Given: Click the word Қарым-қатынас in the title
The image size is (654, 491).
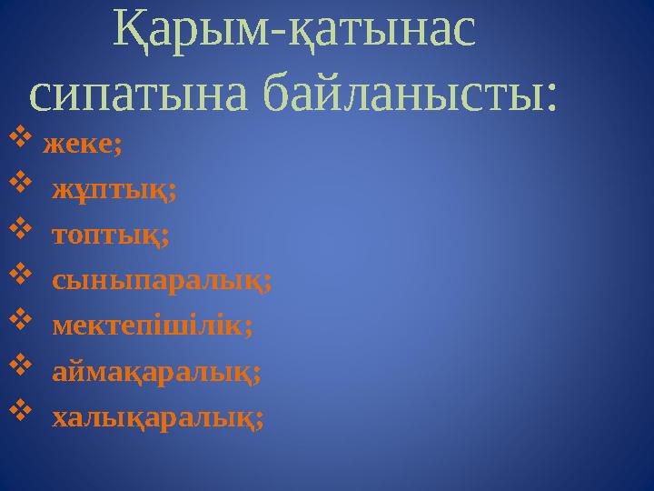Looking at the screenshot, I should [x=292, y=32].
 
